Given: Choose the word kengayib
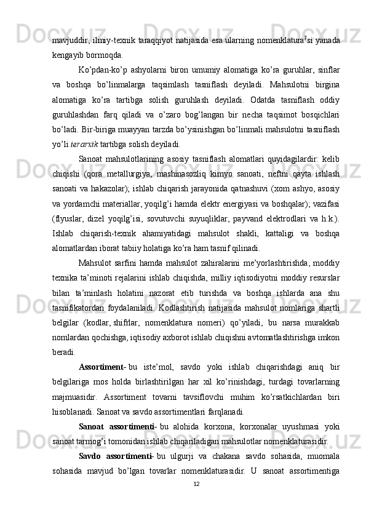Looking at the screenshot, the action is point(68,54).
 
